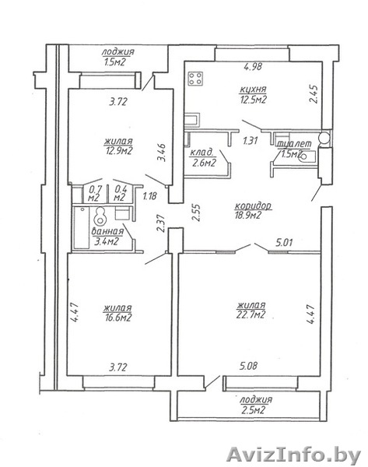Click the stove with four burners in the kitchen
tap(195, 79)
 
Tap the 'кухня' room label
tap(253, 90)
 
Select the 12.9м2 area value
tap(118, 151)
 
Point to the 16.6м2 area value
tap(117, 318)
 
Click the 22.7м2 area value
tap(251, 314)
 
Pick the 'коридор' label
tap(253, 206)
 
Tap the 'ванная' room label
tap(107, 232)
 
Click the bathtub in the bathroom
tap(81, 227)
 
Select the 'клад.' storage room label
tap(202, 153)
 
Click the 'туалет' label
tap(294, 144)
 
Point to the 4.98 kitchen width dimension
tap(253, 66)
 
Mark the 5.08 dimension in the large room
tap(248, 366)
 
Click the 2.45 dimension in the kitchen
tap(314, 94)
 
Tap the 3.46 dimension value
tap(162, 152)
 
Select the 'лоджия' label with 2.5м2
tap(256, 400)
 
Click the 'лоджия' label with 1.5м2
tap(118, 52)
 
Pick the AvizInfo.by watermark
tap(293, 455)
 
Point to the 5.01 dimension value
tap(284, 243)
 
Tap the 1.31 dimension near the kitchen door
tap(250, 140)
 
